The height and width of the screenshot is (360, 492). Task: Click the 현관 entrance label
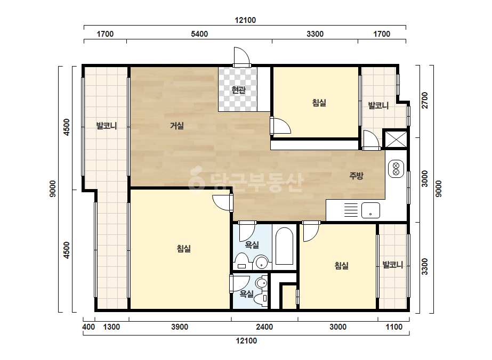238,90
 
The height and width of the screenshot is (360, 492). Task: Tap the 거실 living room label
176,126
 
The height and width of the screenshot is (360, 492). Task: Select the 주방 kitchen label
356,176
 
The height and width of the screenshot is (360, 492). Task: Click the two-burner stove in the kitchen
396,169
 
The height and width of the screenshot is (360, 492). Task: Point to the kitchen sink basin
370,210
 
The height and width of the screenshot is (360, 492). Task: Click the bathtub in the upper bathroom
284,247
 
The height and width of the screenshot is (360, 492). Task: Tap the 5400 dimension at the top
199,34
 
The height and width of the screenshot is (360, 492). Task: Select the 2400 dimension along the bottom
264,327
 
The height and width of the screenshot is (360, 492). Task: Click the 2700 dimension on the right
424,100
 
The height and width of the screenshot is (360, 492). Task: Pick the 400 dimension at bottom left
88,327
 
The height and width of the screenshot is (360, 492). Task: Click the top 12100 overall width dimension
245,20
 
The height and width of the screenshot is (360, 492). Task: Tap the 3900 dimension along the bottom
180,327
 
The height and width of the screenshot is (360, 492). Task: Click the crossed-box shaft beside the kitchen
396,139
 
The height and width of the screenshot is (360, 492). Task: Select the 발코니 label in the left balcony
107,126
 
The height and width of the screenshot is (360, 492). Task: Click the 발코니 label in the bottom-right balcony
392,265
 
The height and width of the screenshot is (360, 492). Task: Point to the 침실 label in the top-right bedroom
319,103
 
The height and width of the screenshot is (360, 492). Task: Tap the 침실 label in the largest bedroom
183,249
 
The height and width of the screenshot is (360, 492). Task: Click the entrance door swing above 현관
242,56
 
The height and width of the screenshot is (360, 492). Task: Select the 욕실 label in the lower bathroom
247,294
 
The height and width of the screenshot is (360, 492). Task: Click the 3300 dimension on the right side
424,267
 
